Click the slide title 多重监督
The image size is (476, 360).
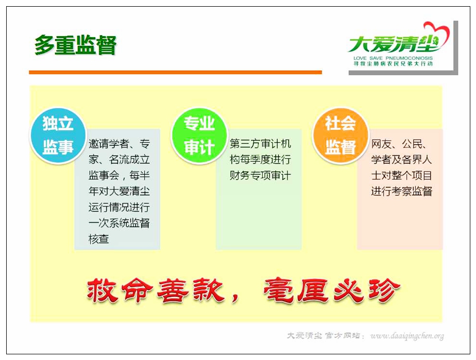coord(75,45)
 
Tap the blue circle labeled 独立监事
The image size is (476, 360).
coord(58,136)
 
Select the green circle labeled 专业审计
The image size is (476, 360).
coord(199,136)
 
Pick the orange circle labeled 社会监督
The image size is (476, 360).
coord(341,136)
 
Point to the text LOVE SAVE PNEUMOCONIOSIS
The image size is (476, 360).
coord(393,58)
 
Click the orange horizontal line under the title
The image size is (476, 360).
coord(175,72)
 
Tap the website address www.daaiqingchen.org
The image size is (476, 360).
coord(407,336)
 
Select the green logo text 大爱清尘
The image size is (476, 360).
coord(394,44)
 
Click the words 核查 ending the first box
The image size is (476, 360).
coord(99,239)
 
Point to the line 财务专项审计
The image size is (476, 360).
coord(260,175)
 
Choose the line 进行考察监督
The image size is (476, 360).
coord(401,191)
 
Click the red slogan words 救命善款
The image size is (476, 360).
coord(156,290)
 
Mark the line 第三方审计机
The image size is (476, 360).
coord(260,144)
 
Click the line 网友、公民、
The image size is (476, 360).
coord(399,144)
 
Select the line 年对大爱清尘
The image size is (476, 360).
coord(119,191)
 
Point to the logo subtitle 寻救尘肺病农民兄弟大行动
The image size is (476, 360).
coord(393,63)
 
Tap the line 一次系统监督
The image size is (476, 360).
coord(119,223)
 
